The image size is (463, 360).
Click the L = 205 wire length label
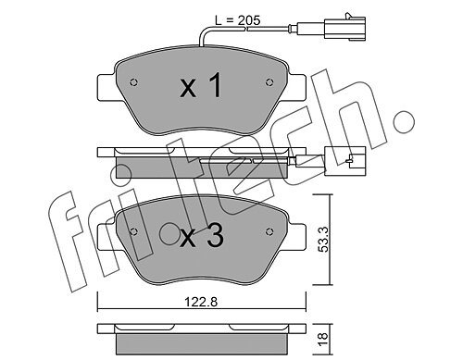(238, 20)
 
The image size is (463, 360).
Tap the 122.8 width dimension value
(201, 302)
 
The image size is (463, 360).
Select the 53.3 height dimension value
(323, 240)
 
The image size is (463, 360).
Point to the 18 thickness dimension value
(323, 339)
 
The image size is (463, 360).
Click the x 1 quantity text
(201, 85)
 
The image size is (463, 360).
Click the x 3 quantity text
(202, 236)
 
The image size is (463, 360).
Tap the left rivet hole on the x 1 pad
(133, 82)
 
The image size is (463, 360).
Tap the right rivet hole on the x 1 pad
(269, 82)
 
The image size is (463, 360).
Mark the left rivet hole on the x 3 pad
(133, 232)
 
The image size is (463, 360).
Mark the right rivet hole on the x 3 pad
(269, 231)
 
